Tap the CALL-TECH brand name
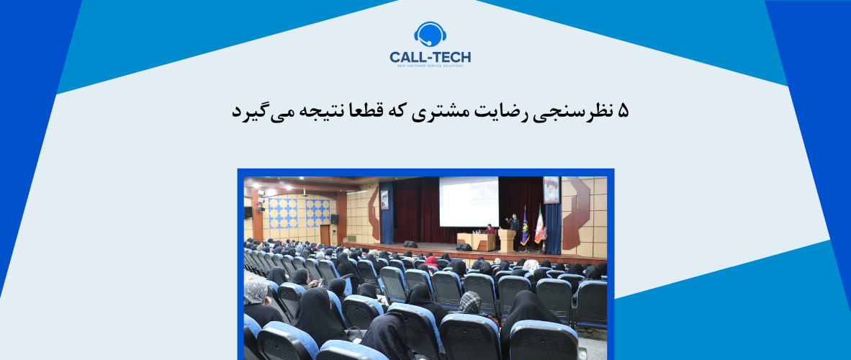(x=431, y=56)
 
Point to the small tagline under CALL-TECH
(x=431, y=66)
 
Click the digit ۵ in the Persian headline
(x=623, y=111)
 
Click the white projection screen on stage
(x=468, y=202)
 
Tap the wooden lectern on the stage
(x=507, y=240)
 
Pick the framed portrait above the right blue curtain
(x=551, y=190)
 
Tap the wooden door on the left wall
(x=325, y=235)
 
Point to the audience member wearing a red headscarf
(x=431, y=258)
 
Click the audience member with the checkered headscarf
(x=470, y=303)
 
